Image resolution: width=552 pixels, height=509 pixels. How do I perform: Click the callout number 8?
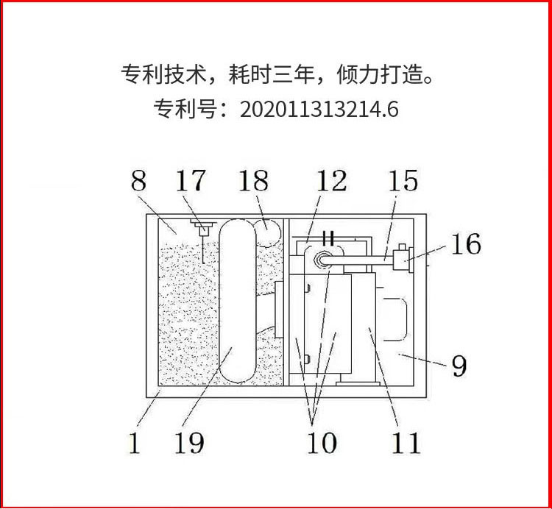click(x=138, y=181)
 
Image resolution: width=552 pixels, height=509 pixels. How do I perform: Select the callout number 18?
click(x=253, y=181)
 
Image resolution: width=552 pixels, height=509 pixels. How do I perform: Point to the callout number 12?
click(x=330, y=181)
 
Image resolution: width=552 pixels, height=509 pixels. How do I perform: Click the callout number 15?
click(x=402, y=181)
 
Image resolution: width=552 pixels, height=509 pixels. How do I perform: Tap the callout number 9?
click(x=459, y=365)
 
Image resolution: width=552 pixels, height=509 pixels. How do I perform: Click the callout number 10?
click(x=321, y=442)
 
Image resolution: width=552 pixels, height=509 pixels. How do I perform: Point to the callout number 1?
click(x=135, y=444)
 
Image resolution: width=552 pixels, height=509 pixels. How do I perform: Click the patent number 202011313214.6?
click(x=319, y=110)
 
